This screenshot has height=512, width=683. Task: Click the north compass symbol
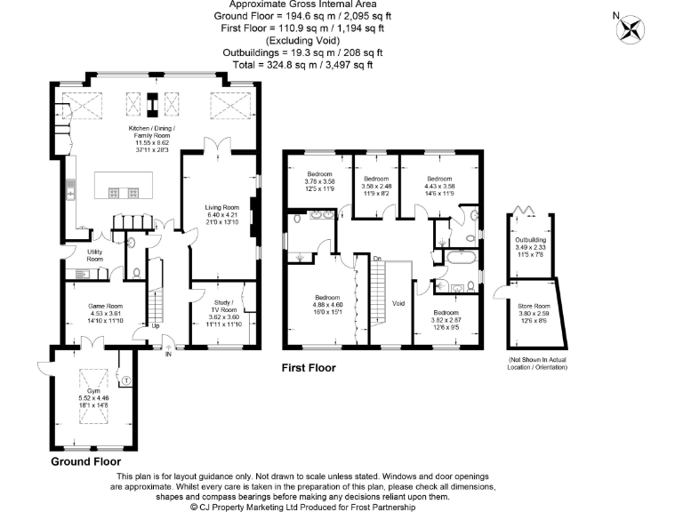631,28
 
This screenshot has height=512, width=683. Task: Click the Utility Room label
95,255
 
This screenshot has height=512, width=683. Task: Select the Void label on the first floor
398,303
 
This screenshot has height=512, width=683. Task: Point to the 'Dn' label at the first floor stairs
377,259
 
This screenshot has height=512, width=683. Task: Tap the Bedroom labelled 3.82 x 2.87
446,313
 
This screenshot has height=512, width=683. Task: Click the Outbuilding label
532,240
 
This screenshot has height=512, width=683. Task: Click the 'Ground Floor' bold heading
86,463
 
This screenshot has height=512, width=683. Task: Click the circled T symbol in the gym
125,380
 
